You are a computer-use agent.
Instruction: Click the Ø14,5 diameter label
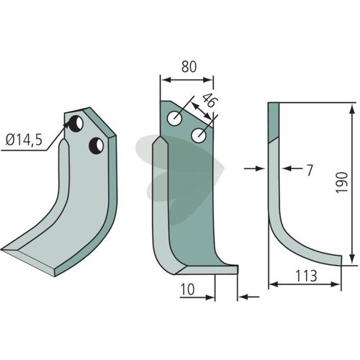click(x=24, y=140)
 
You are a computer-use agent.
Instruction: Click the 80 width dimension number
click(x=189, y=67)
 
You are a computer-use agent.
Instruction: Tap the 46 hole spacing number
click(x=208, y=101)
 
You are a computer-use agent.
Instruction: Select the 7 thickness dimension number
click(x=310, y=171)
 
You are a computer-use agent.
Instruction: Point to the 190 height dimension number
click(x=341, y=182)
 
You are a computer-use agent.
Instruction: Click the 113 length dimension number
click(x=306, y=276)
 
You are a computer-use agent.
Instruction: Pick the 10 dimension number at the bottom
click(x=187, y=289)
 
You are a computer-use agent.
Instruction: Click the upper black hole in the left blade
click(x=76, y=124)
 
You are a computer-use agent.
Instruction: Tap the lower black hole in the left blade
click(x=96, y=146)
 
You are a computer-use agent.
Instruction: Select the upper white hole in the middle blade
click(x=174, y=118)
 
